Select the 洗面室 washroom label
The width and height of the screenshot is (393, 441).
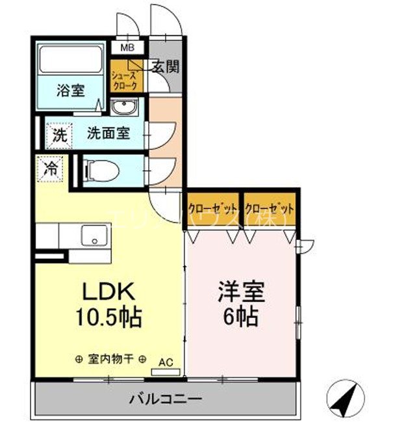pos(108,134)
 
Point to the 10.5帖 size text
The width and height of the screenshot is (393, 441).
pos(108,318)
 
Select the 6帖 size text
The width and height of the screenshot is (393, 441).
pos(242,317)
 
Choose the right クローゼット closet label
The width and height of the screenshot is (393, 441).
pos(270,209)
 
